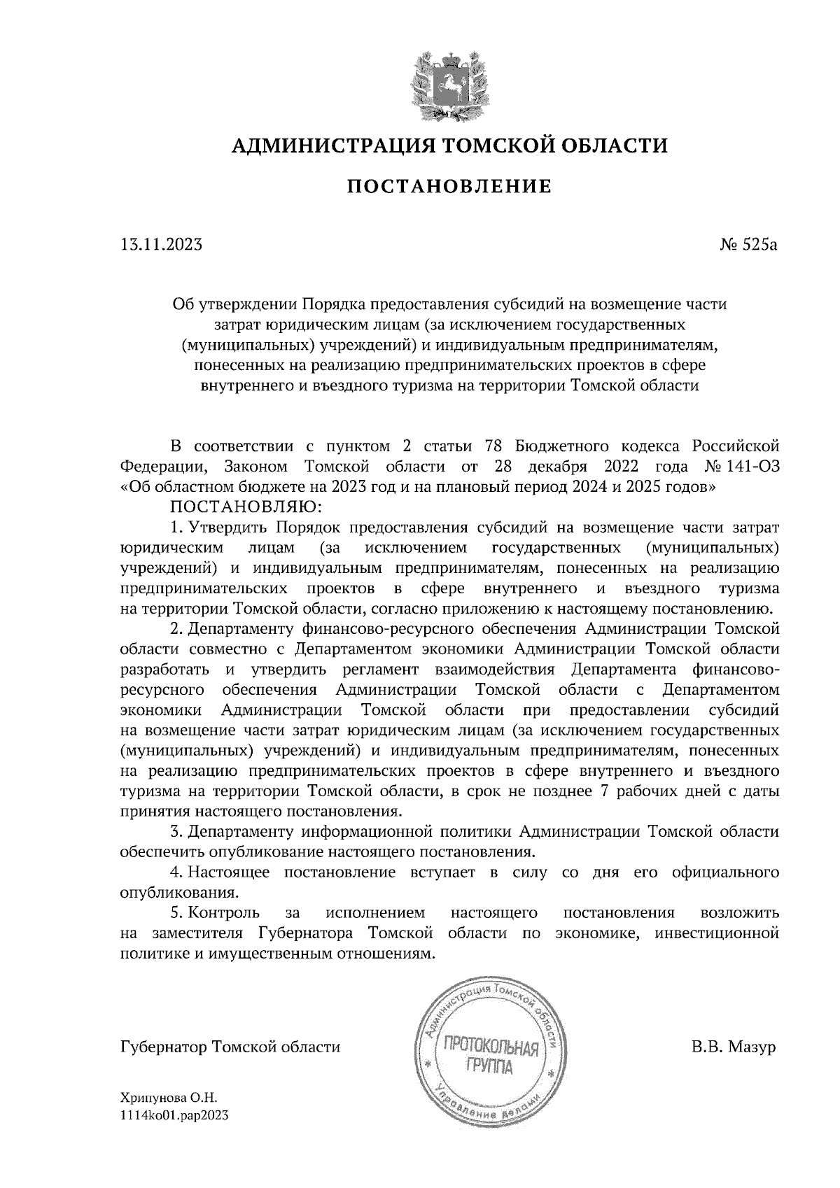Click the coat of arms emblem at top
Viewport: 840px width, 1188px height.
point(449,85)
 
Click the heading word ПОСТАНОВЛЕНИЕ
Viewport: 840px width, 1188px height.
point(449,187)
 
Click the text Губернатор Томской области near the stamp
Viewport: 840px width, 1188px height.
point(230,1048)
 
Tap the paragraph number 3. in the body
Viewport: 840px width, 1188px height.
point(176,832)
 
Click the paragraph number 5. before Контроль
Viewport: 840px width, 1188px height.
point(176,913)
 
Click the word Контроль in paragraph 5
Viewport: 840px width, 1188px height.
point(225,913)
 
